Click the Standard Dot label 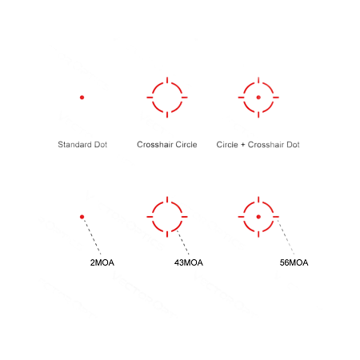pos(82,145)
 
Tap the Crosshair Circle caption pos(166,145)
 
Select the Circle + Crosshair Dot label pos(258,145)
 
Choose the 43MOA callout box pos(189,262)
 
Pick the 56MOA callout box pos(294,262)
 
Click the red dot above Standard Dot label pos(82,98)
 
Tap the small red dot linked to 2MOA pos(82,217)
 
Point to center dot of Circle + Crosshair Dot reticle pos(258,98)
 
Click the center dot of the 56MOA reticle pos(258,217)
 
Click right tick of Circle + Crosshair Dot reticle pos(276,98)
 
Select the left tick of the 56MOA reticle pos(241,217)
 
